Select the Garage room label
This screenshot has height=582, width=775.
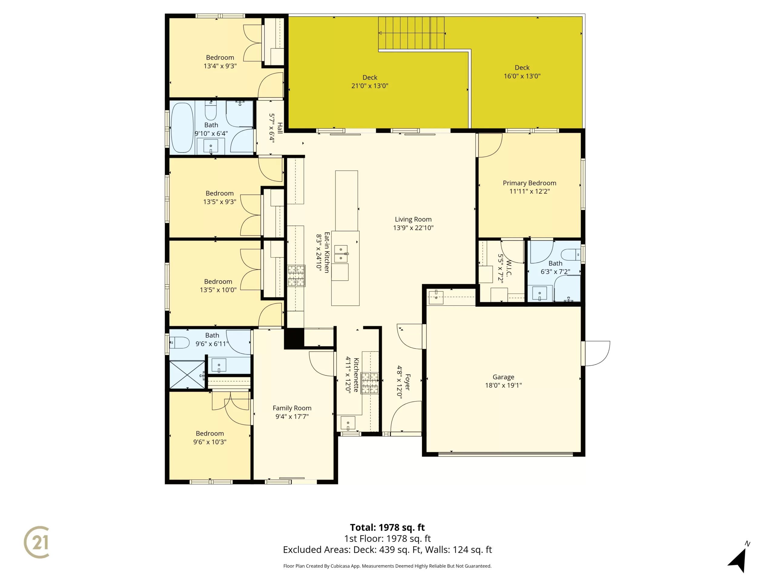click(x=503, y=377)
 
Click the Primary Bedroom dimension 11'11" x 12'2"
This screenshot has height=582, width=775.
click(x=529, y=191)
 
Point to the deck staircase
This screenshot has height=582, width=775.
click(x=411, y=33)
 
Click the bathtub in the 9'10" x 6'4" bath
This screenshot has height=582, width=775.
click(x=182, y=127)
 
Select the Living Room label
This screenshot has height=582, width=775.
click(x=413, y=219)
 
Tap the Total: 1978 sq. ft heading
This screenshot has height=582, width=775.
click(x=387, y=527)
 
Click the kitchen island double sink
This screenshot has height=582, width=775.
click(x=341, y=254)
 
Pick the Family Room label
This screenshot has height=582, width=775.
click(x=292, y=408)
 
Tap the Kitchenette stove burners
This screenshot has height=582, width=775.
click(x=370, y=383)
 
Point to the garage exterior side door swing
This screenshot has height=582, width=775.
click(x=597, y=353)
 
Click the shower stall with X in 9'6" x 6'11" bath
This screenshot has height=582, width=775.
click(x=187, y=374)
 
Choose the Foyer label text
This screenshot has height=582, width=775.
click(x=407, y=382)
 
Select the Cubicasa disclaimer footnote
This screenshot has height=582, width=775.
click(x=387, y=566)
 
